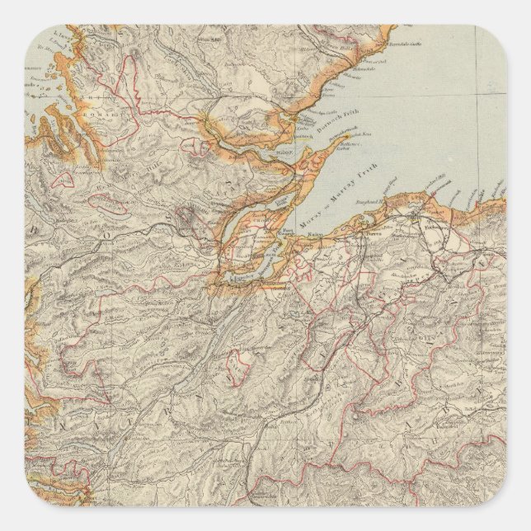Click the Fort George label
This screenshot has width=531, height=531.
point(288,233)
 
